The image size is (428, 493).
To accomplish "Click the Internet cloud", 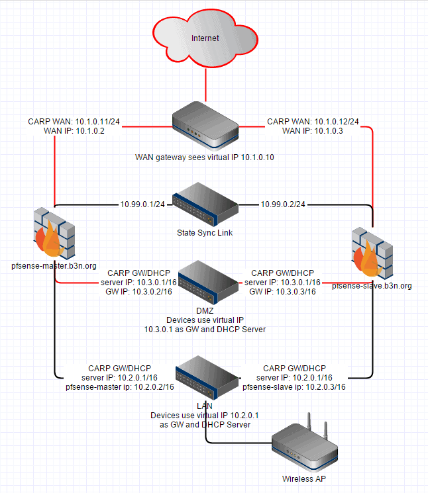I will click(x=205, y=39).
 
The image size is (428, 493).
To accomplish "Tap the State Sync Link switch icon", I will click(x=205, y=208).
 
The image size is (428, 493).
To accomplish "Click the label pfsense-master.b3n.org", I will click(x=54, y=265).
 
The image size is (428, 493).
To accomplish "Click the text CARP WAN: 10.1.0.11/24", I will click(x=74, y=122).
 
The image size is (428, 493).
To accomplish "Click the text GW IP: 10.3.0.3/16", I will click(x=282, y=292).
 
